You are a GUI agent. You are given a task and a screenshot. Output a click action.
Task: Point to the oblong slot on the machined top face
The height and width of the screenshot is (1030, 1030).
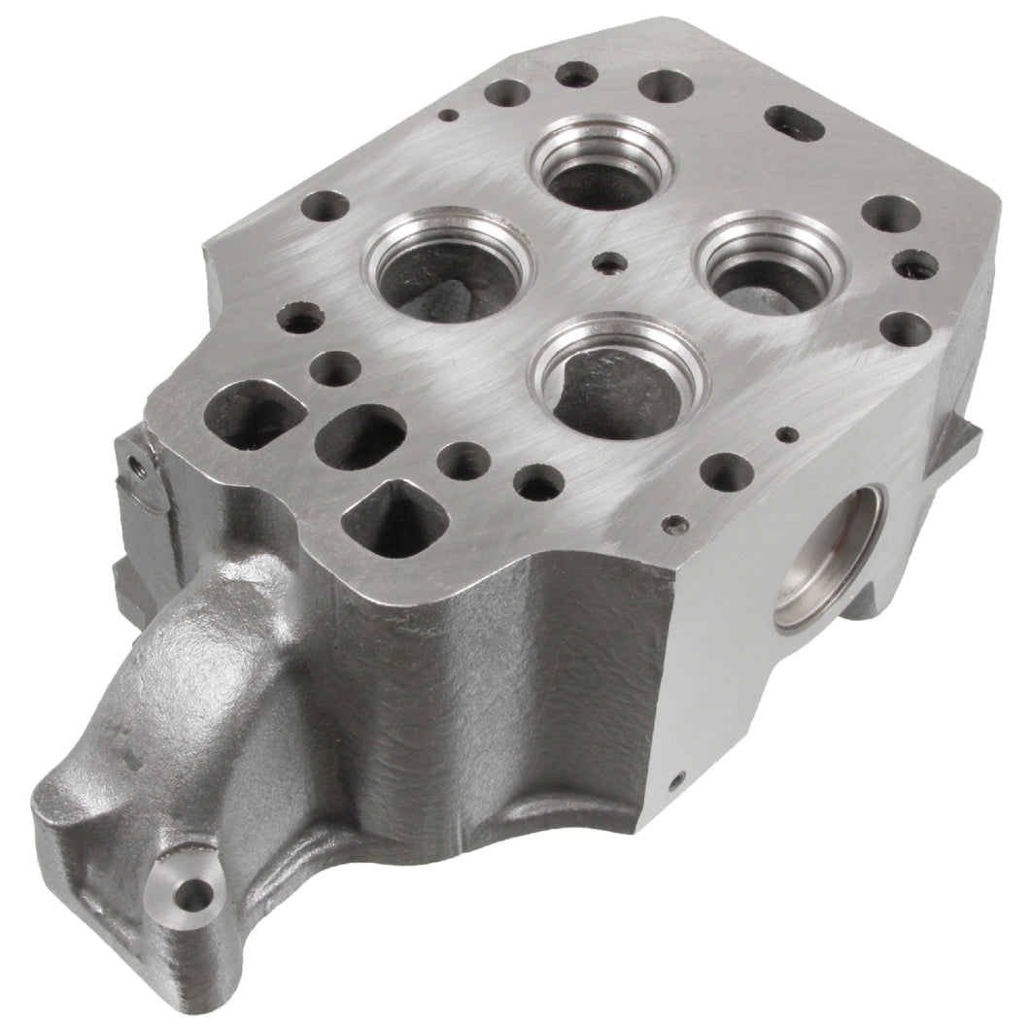click(794, 124)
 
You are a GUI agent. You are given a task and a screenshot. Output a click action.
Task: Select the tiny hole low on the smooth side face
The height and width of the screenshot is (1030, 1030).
click(679, 777)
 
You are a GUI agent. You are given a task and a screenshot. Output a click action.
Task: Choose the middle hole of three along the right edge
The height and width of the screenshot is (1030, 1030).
click(914, 264)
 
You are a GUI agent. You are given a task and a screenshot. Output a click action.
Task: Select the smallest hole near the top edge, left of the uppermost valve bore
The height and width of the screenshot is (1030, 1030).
click(448, 115)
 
